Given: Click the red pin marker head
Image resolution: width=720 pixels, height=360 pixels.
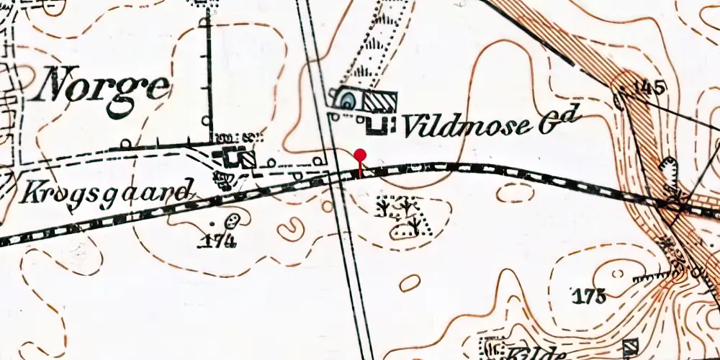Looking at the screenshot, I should [361, 155].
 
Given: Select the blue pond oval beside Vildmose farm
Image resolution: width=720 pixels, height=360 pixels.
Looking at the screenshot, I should [346, 100].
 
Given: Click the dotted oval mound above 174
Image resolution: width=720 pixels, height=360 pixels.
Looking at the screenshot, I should [233, 221].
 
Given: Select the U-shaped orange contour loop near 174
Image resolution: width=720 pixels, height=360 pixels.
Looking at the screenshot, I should [291, 230].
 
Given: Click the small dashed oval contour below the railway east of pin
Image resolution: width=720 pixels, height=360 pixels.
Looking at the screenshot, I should [516, 192].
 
